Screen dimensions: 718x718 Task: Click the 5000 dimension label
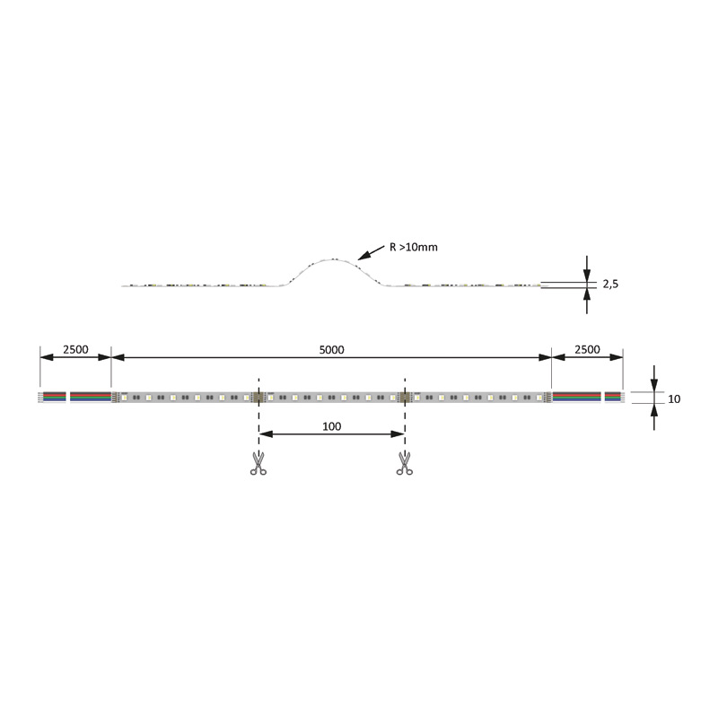(331, 350)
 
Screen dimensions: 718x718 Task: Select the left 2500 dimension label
(75, 349)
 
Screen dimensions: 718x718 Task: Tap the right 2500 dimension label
(587, 349)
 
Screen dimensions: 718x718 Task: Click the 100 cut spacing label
(331, 426)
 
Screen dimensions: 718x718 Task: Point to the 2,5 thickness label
(610, 284)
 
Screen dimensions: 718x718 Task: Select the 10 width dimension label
(674, 398)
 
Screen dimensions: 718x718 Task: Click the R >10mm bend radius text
(414, 248)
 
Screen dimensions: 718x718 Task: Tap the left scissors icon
(258, 463)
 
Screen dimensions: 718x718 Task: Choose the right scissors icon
(405, 463)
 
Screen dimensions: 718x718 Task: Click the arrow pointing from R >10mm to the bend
(371, 253)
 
